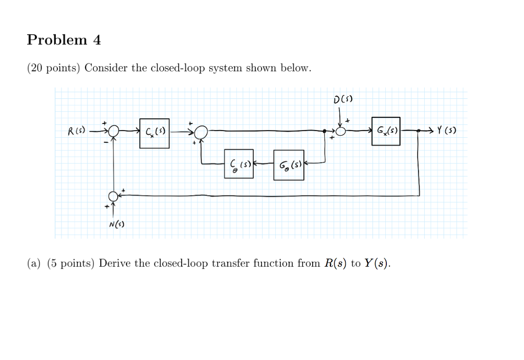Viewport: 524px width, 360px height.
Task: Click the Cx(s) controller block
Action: [154, 134]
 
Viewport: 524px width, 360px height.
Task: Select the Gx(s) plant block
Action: [386, 131]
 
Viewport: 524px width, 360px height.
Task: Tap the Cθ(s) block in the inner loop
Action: [238, 164]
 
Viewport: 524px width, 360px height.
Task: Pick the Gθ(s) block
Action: [289, 165]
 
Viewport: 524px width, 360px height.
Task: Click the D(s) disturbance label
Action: [343, 99]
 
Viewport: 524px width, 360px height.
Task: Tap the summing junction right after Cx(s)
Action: [202, 132]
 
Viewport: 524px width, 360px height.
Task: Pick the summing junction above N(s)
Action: [113, 196]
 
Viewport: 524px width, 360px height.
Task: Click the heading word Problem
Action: [57, 40]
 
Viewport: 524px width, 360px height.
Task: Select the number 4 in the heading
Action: [97, 40]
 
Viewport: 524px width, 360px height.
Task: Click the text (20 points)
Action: [54, 68]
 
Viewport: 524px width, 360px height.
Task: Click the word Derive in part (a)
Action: [115, 264]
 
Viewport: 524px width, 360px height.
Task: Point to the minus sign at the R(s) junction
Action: [106, 142]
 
